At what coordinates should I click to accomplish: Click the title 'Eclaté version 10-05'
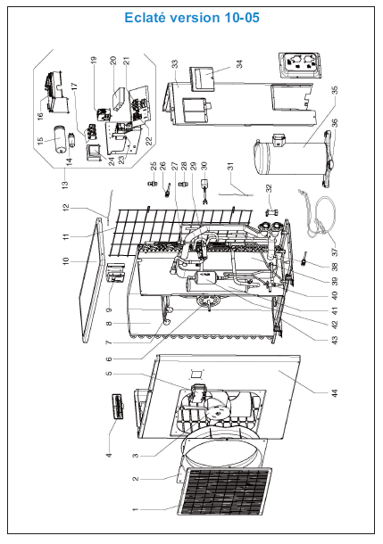pos(192,18)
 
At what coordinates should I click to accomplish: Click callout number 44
pos(335,393)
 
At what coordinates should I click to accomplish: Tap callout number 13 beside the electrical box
pos(65,183)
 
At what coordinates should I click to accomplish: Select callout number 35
pos(335,90)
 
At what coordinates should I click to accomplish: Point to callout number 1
pos(136,509)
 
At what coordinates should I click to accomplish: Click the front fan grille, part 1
pos(225,491)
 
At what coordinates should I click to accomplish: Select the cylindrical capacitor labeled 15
pos(61,139)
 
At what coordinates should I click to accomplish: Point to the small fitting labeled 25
pos(153,183)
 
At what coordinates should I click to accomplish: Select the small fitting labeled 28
pos(183,183)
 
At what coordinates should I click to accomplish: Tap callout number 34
pos(239,64)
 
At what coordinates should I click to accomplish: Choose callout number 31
pos(230,166)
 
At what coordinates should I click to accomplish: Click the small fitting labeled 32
pos(271,212)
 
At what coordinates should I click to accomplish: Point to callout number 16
pos(40,115)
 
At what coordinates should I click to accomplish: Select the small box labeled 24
pos(94,153)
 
